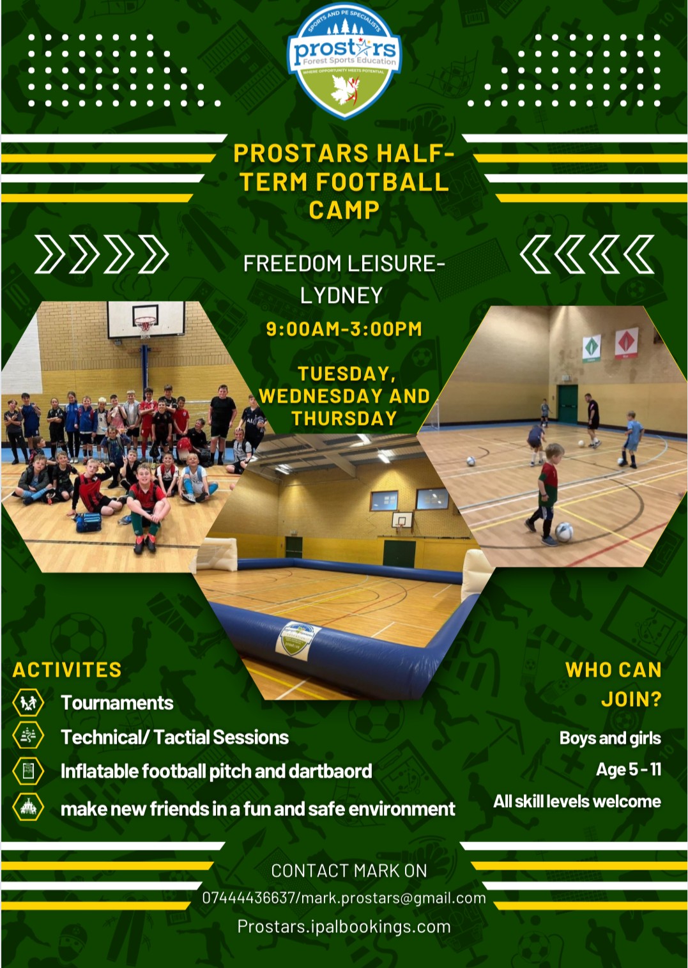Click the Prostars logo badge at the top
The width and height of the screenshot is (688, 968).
pyautogui.click(x=344, y=61)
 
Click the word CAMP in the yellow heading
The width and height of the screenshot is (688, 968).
pyautogui.click(x=344, y=210)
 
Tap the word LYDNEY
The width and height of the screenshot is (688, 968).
pyautogui.click(x=341, y=296)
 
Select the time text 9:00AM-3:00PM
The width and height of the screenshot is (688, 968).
pyautogui.click(x=344, y=329)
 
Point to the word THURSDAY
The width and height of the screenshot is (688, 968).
pyautogui.click(x=344, y=419)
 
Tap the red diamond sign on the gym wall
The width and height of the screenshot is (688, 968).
pyautogui.click(x=626, y=342)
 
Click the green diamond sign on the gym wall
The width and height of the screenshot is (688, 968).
pyautogui.click(x=592, y=348)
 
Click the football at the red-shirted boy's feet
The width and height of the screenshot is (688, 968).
pyautogui.click(x=564, y=532)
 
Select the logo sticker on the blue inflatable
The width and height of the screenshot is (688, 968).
pyautogui.click(x=297, y=641)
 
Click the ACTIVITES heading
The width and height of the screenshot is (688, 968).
pyautogui.click(x=67, y=670)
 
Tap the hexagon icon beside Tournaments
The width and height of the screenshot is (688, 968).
pyautogui.click(x=28, y=703)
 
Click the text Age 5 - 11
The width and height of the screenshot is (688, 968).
pyautogui.click(x=629, y=769)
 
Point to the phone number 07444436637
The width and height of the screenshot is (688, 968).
pyautogui.click(x=248, y=898)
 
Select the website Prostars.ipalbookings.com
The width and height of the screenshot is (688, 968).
pyautogui.click(x=344, y=927)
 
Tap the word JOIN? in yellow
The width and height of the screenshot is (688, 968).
pyautogui.click(x=631, y=699)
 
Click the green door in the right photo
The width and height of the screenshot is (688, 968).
pyautogui.click(x=567, y=404)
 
